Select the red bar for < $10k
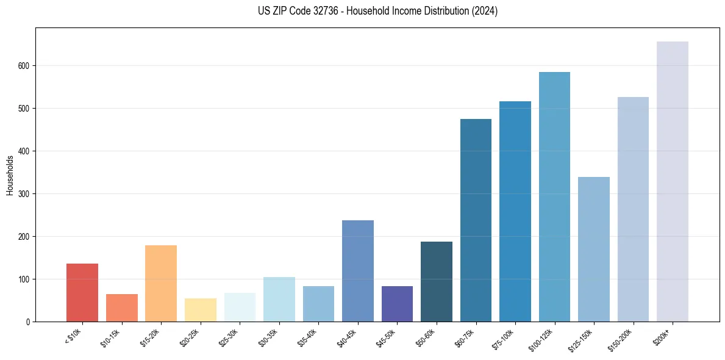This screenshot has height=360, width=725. point(82,292)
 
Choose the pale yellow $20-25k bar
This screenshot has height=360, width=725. point(200,310)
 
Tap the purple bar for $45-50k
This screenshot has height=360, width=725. point(397,304)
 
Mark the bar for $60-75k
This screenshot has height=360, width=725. point(476,220)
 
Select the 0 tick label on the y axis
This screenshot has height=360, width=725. point(28,322)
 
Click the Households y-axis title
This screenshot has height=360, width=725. point(10,175)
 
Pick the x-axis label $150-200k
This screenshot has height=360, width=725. point(620,338)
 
